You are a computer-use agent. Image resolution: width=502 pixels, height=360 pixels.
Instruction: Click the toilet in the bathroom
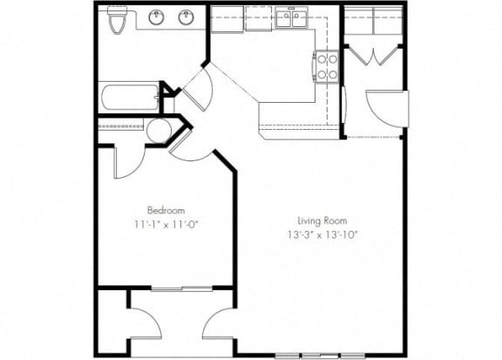coord(118,20)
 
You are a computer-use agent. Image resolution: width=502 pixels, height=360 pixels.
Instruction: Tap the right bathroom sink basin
coord(186,17)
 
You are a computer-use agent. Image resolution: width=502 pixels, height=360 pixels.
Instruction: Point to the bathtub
coord(131,97)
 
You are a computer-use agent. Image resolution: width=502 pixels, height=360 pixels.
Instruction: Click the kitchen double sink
coord(292,18)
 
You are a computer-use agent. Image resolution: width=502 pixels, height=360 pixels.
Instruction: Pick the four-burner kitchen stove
coord(326,67)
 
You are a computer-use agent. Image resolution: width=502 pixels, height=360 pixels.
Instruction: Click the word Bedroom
coord(166,210)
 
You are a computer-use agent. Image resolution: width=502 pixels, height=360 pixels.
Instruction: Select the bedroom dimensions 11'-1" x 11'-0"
coord(166,225)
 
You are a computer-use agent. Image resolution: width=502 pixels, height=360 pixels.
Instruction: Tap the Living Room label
coord(322,221)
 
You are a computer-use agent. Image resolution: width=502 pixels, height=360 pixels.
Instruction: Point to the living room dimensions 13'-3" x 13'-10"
coord(322,235)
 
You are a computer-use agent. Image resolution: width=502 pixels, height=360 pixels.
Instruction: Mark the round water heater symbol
coord(159,131)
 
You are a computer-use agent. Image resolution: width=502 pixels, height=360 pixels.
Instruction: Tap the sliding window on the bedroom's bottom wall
coord(181,289)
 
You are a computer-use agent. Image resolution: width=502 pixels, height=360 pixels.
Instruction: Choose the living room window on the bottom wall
coord(320,355)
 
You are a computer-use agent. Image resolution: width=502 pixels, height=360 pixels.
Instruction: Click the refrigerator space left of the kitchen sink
coord(227,18)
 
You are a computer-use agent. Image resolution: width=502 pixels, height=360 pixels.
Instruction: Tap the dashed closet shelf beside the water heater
coord(120,126)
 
